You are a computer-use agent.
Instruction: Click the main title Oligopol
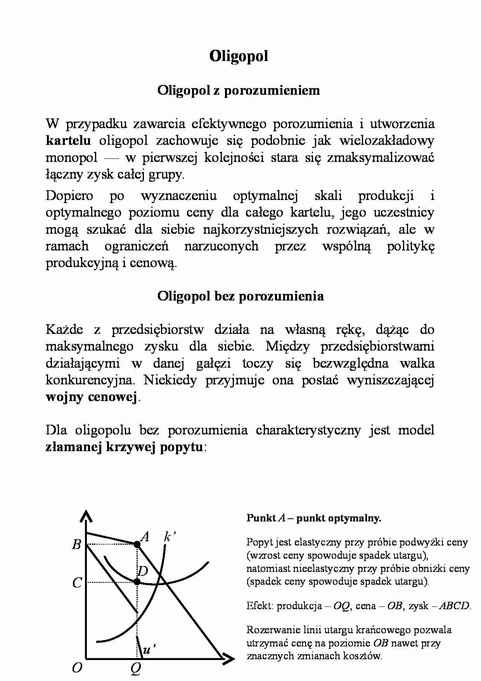click(x=239, y=56)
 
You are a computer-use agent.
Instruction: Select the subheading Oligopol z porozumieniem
click(x=239, y=90)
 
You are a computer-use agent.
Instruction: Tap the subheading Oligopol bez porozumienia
click(x=240, y=296)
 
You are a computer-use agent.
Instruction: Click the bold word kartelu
click(x=68, y=141)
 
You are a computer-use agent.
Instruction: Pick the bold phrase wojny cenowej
click(x=92, y=397)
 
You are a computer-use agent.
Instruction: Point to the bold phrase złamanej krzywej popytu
click(x=124, y=447)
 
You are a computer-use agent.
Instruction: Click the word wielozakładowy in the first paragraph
click(x=387, y=141)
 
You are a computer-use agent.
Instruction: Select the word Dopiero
click(x=69, y=195)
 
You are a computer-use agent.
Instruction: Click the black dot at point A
click(x=137, y=544)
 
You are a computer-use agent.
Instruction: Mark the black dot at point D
click(x=137, y=582)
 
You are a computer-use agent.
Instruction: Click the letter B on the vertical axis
click(x=76, y=545)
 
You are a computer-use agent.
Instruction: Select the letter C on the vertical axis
click(x=77, y=583)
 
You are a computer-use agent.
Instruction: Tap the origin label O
click(x=77, y=668)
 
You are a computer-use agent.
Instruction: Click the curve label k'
click(x=170, y=537)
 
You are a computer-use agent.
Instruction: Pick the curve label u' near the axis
click(x=149, y=650)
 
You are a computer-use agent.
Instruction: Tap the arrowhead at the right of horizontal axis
click(x=228, y=658)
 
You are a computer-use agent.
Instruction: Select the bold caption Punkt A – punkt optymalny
click(x=313, y=518)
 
